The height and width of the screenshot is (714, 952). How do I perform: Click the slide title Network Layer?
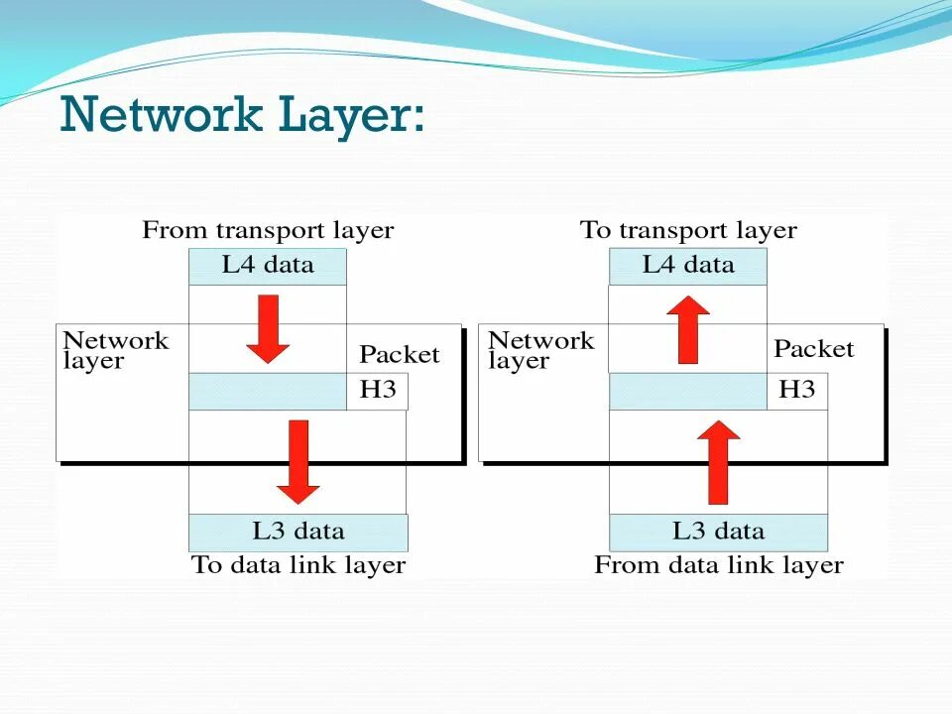pos(242,117)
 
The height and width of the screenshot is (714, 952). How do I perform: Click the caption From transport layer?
pos(268,231)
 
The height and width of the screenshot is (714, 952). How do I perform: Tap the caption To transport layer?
pos(688,231)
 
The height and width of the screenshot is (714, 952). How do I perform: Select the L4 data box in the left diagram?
pos(268,266)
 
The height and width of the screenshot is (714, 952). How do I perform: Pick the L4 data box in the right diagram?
pos(688,266)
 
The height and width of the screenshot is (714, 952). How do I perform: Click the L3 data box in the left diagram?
pos(297,533)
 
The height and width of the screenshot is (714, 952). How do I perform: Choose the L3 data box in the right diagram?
pos(718,533)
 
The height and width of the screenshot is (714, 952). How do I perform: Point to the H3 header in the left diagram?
pos(377,391)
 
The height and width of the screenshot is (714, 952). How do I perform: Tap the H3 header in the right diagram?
pos(796,391)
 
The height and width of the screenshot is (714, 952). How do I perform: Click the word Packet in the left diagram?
pos(399,355)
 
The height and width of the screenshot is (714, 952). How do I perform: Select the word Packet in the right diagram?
pos(813,349)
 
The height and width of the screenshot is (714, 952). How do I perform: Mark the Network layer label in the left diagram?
pos(115,350)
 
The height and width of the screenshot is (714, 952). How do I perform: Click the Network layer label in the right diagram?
pos(540,350)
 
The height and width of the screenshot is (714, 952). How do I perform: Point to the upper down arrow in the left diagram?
pos(268,328)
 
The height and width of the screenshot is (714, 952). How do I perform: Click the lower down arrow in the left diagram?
pos(297,461)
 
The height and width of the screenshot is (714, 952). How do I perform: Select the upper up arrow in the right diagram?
pos(688,329)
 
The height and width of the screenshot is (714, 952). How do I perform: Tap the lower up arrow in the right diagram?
pos(718,462)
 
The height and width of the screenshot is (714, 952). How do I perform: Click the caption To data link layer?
pos(298,565)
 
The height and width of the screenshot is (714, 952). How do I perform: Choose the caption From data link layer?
pos(718,565)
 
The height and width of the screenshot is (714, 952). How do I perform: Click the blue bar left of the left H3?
pos(268,392)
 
